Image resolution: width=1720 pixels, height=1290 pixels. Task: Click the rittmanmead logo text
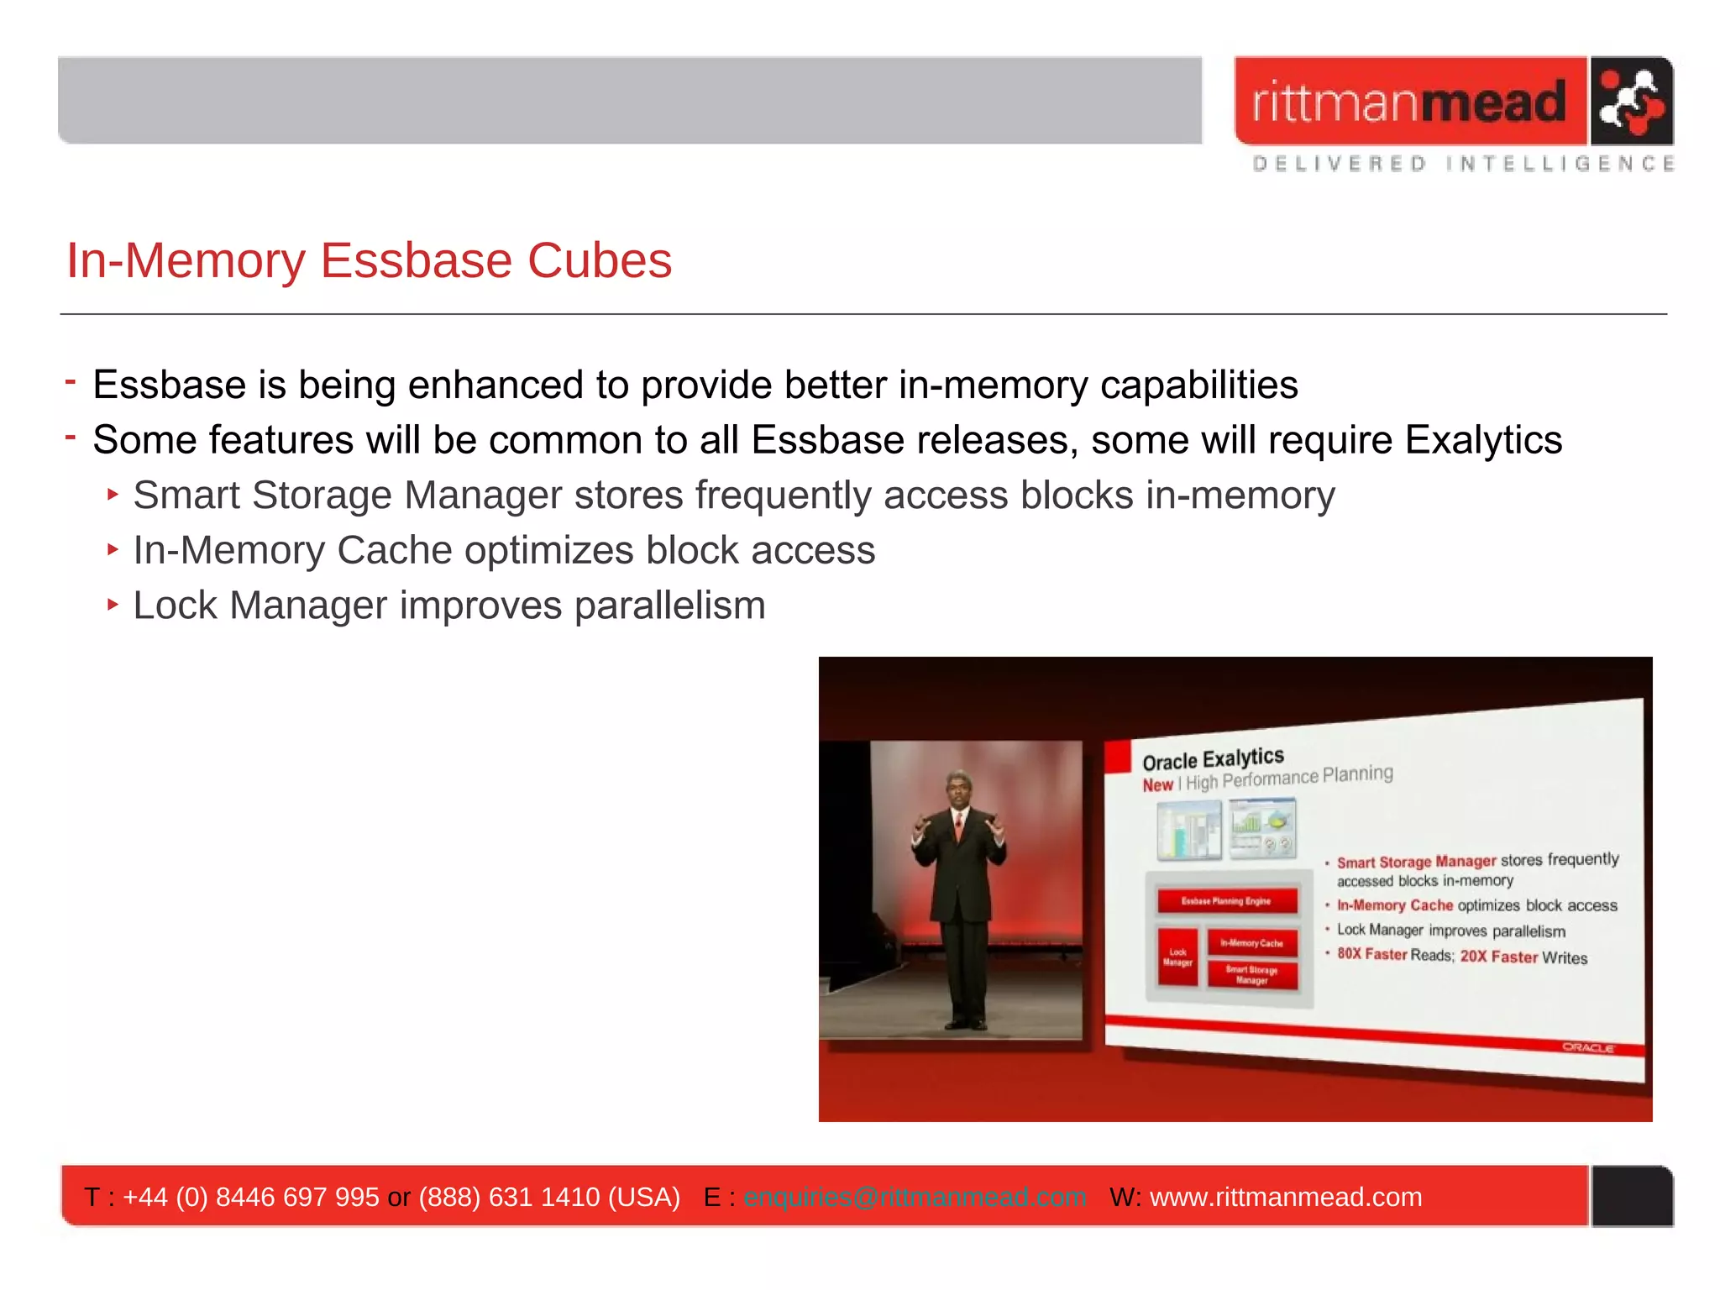(x=1409, y=102)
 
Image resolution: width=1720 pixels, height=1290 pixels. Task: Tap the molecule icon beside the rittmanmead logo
(x=1630, y=102)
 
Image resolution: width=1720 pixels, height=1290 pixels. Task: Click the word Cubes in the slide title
(x=600, y=260)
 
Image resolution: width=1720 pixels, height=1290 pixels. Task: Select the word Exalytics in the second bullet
(x=1483, y=440)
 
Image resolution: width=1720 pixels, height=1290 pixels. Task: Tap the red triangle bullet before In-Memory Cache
(x=113, y=550)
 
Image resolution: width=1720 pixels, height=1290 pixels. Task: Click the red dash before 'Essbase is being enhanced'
(x=71, y=383)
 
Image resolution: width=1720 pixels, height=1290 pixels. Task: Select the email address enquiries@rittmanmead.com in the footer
(x=915, y=1197)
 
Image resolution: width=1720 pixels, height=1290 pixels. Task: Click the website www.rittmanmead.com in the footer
(x=1286, y=1197)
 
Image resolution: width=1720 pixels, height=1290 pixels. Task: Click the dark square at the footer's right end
(x=1632, y=1196)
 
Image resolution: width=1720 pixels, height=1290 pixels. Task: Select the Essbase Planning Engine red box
(x=1226, y=901)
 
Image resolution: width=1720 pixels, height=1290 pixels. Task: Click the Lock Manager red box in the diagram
(x=1177, y=957)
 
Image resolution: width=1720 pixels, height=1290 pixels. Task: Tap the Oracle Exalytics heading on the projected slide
(x=1213, y=759)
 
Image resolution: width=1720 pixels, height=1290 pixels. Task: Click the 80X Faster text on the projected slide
(x=1371, y=954)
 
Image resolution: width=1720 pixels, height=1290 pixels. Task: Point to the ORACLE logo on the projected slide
(x=1587, y=1047)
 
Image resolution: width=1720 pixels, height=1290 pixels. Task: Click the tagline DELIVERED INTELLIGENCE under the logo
(x=1462, y=164)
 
